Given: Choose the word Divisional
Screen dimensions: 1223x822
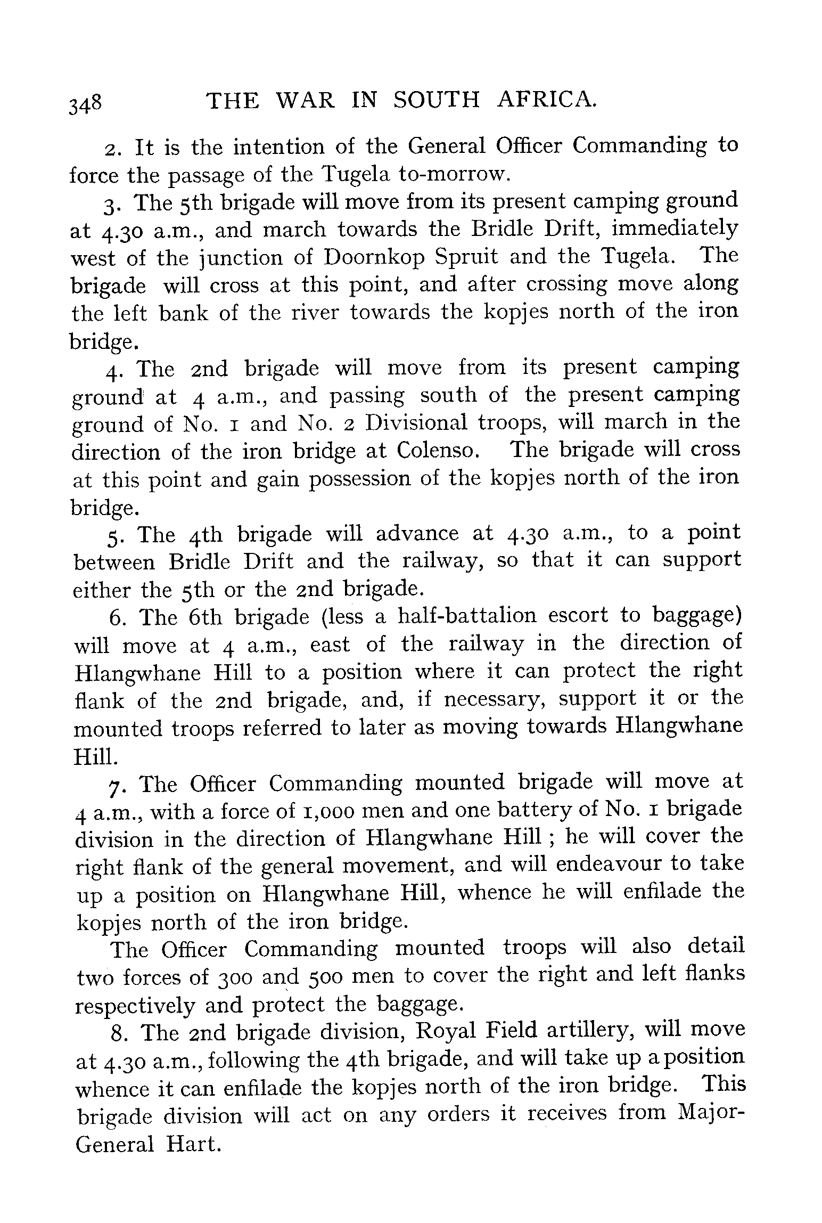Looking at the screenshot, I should [416, 423].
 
